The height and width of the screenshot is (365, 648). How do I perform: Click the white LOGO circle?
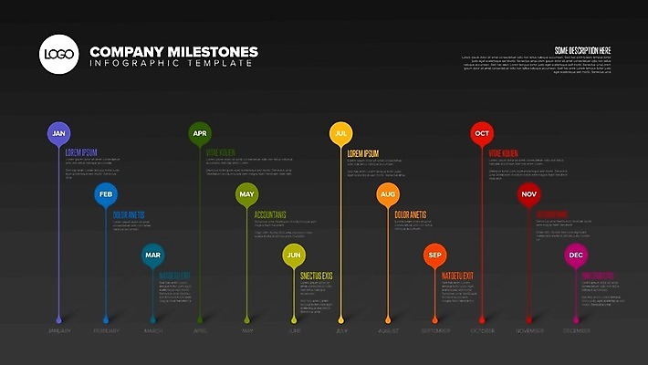[58, 54]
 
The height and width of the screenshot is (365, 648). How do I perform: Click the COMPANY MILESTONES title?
[173, 52]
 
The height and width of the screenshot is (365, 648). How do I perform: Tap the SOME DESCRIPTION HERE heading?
[581, 50]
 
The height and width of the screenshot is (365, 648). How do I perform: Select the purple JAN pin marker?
[58, 133]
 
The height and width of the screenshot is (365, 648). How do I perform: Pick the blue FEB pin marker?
[106, 195]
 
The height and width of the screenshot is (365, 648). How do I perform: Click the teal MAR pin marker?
[152, 255]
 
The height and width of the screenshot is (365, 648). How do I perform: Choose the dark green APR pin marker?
[200, 133]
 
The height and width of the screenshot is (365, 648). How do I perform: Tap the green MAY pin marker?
[246, 194]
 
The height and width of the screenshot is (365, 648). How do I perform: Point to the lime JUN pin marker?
[294, 255]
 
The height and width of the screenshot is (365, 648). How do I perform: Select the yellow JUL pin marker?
[340, 133]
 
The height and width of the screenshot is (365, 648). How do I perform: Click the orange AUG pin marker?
[388, 194]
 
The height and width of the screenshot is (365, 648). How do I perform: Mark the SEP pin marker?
[435, 255]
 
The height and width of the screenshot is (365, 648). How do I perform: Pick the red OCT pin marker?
[482, 133]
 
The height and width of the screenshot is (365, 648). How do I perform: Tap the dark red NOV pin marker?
[528, 194]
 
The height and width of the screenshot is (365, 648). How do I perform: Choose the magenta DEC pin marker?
[576, 255]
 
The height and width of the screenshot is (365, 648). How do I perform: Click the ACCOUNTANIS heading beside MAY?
[270, 215]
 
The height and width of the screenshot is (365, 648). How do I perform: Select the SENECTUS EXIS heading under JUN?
[317, 276]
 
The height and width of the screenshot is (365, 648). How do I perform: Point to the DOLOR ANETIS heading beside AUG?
[411, 215]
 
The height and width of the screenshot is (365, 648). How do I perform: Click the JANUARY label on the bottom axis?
[58, 330]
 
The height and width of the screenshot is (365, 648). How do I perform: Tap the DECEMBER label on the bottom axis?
[576, 330]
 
